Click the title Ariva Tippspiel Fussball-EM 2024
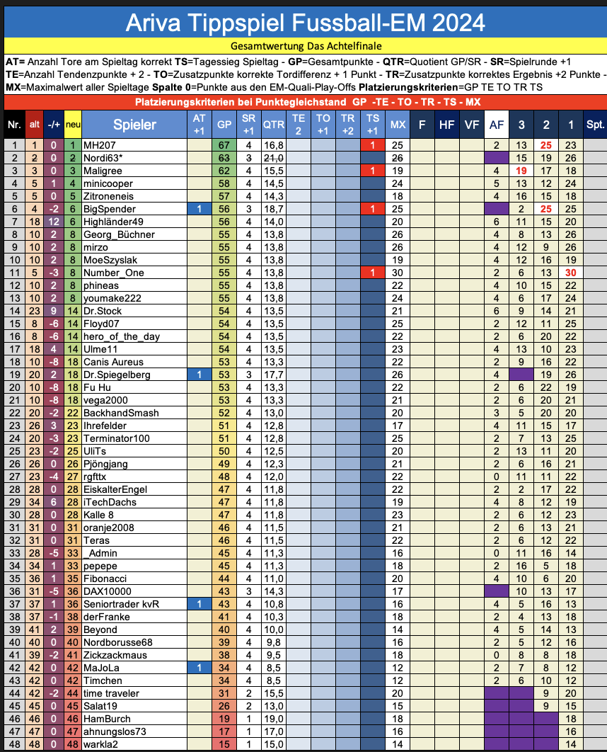point(305,23)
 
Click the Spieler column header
point(134,125)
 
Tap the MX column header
point(397,125)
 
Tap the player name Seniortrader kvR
point(122,604)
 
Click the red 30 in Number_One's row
point(571,273)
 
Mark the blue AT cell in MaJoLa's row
point(199,668)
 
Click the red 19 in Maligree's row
point(521,171)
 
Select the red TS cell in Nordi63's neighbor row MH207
point(371,144)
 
